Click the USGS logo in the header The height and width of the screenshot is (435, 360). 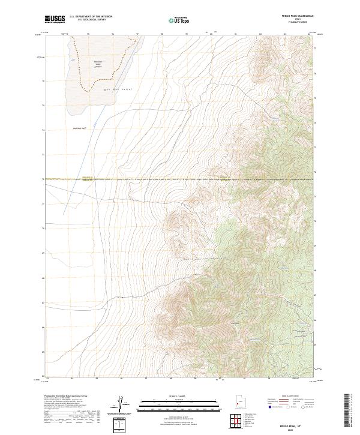55,20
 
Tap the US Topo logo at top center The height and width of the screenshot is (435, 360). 179,20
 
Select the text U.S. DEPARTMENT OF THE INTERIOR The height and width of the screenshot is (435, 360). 91,17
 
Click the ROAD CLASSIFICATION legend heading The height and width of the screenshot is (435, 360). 292,397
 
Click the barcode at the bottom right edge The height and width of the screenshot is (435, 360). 347,411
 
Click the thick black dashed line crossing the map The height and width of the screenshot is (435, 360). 180,179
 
